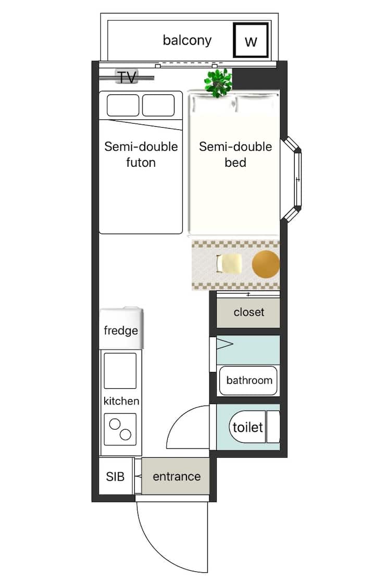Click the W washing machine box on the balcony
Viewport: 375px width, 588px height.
click(251, 40)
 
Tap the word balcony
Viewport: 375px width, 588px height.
click(187, 40)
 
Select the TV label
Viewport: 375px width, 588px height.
click(127, 77)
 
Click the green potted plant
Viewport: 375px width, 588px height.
click(218, 83)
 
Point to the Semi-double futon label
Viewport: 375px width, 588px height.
click(141, 154)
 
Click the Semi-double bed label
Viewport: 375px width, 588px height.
click(235, 154)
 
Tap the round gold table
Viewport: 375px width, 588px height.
click(266, 264)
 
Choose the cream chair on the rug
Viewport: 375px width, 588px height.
click(229, 263)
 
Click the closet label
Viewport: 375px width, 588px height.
click(249, 312)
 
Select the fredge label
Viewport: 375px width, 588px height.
click(121, 330)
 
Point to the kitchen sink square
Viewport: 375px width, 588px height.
click(120, 371)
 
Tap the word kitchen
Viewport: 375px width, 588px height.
click(121, 401)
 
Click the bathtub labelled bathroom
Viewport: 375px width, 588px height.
click(248, 381)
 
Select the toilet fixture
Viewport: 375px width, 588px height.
click(254, 427)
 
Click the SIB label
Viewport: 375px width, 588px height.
click(115, 476)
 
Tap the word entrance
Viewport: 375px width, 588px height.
click(177, 476)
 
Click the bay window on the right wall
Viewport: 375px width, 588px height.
click(292, 179)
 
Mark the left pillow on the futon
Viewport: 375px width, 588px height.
click(123, 105)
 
